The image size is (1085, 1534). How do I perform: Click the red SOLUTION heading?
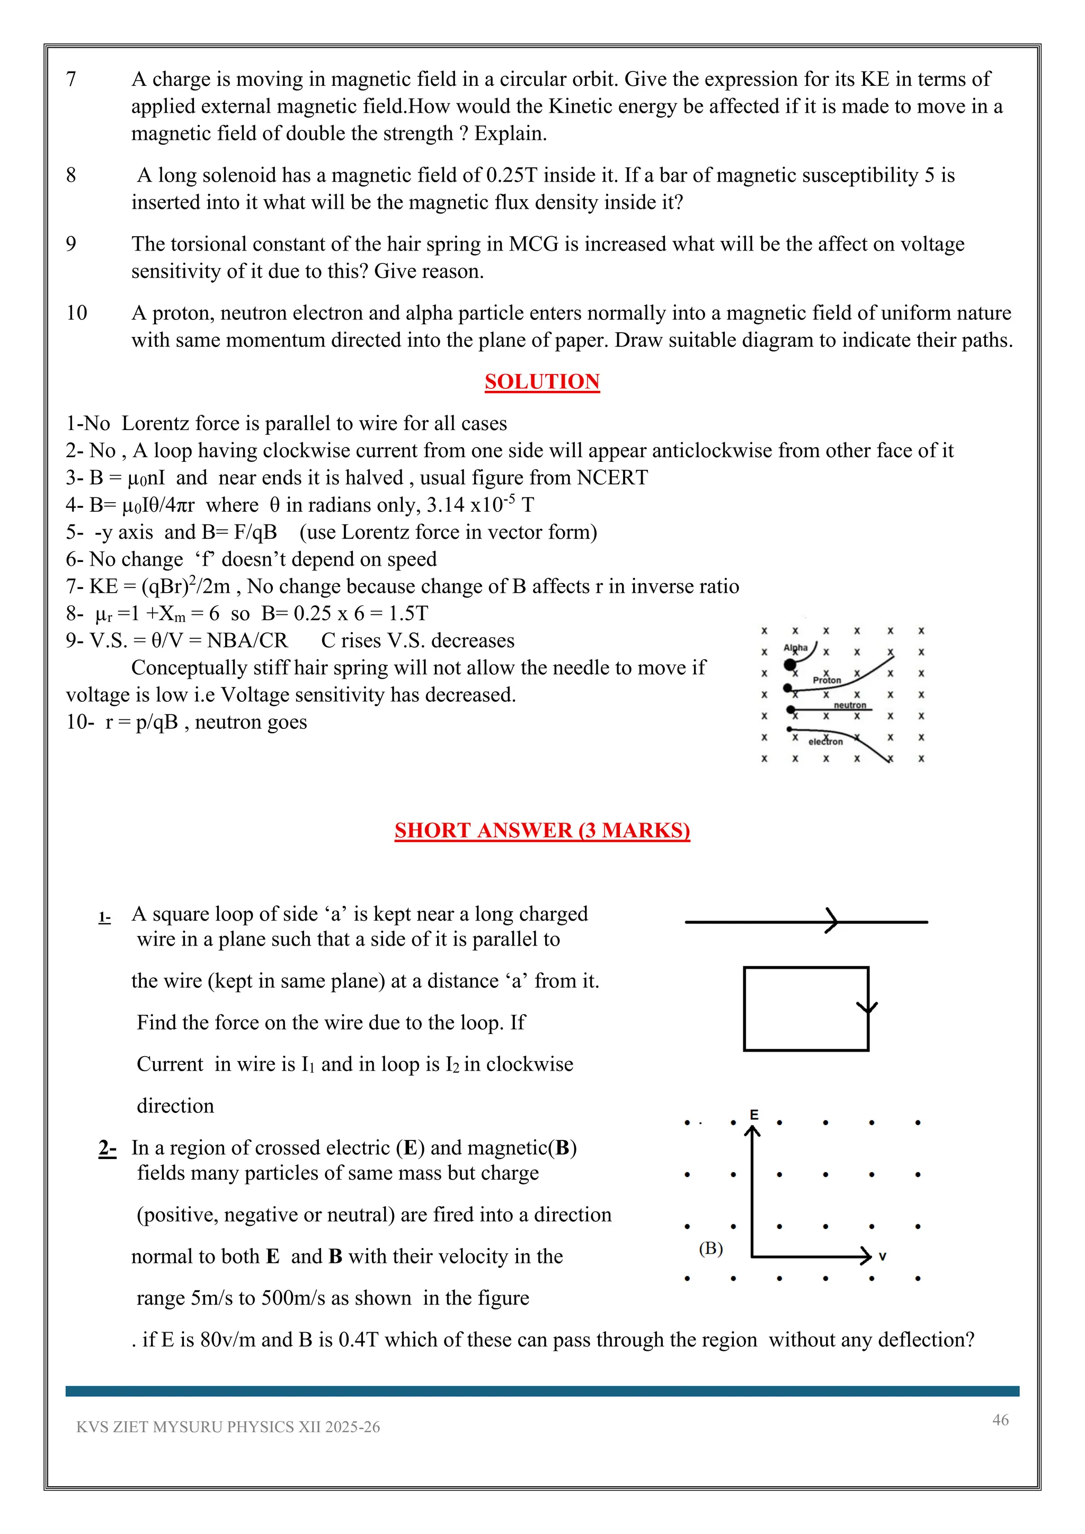pyautogui.click(x=542, y=381)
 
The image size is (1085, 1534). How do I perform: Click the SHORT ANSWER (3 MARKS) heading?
pyautogui.click(x=542, y=830)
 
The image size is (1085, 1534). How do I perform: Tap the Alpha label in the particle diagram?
pyautogui.click(x=795, y=647)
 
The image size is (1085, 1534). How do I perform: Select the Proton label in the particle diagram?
pyautogui.click(x=826, y=680)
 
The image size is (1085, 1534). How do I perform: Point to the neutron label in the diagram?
pyautogui.click(x=850, y=705)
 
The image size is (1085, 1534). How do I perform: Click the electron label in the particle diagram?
pyautogui.click(x=826, y=742)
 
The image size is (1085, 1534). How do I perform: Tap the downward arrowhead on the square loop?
pyautogui.click(x=867, y=1007)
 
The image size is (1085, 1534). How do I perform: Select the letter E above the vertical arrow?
pyautogui.click(x=754, y=1114)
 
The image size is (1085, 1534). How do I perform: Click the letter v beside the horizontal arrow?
pyautogui.click(x=883, y=1257)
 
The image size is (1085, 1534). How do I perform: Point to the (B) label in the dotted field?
pyautogui.click(x=711, y=1248)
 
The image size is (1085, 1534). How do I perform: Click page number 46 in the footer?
pyautogui.click(x=1000, y=1420)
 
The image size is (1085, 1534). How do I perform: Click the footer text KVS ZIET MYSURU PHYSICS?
pyautogui.click(x=227, y=1427)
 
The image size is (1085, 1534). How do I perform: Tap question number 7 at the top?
pyautogui.click(x=71, y=79)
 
